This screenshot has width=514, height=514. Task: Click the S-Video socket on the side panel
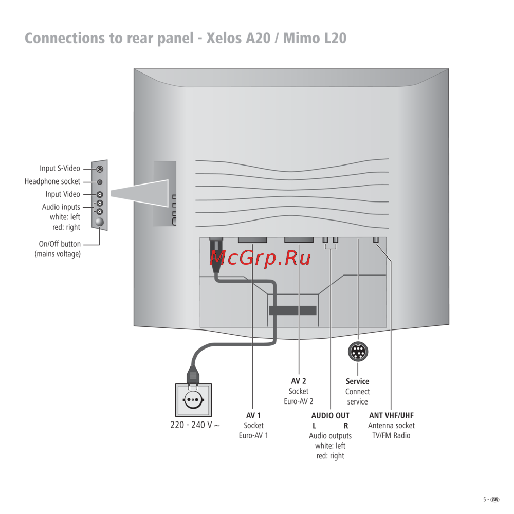click(100, 169)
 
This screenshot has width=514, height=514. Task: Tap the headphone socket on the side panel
click(100, 182)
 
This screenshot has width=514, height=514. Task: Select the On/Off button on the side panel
click(100, 222)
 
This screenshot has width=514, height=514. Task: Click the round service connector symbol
click(358, 352)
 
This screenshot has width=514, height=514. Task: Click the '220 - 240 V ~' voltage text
click(195, 426)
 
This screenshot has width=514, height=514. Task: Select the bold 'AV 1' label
click(253, 415)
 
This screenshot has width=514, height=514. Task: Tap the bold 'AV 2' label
click(299, 381)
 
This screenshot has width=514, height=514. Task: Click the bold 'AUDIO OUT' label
click(331, 415)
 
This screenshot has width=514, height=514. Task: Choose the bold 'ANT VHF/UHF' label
click(391, 415)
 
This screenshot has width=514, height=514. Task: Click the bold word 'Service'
click(357, 381)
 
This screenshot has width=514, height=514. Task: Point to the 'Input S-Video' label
click(60, 169)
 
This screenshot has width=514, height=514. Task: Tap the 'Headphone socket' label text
click(52, 181)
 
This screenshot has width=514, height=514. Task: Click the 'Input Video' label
click(63, 194)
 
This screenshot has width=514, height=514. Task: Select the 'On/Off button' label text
click(60, 244)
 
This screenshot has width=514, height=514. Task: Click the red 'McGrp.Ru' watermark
click(261, 258)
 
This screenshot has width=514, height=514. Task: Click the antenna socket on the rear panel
click(376, 241)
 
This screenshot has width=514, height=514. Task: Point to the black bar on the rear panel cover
click(292, 310)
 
